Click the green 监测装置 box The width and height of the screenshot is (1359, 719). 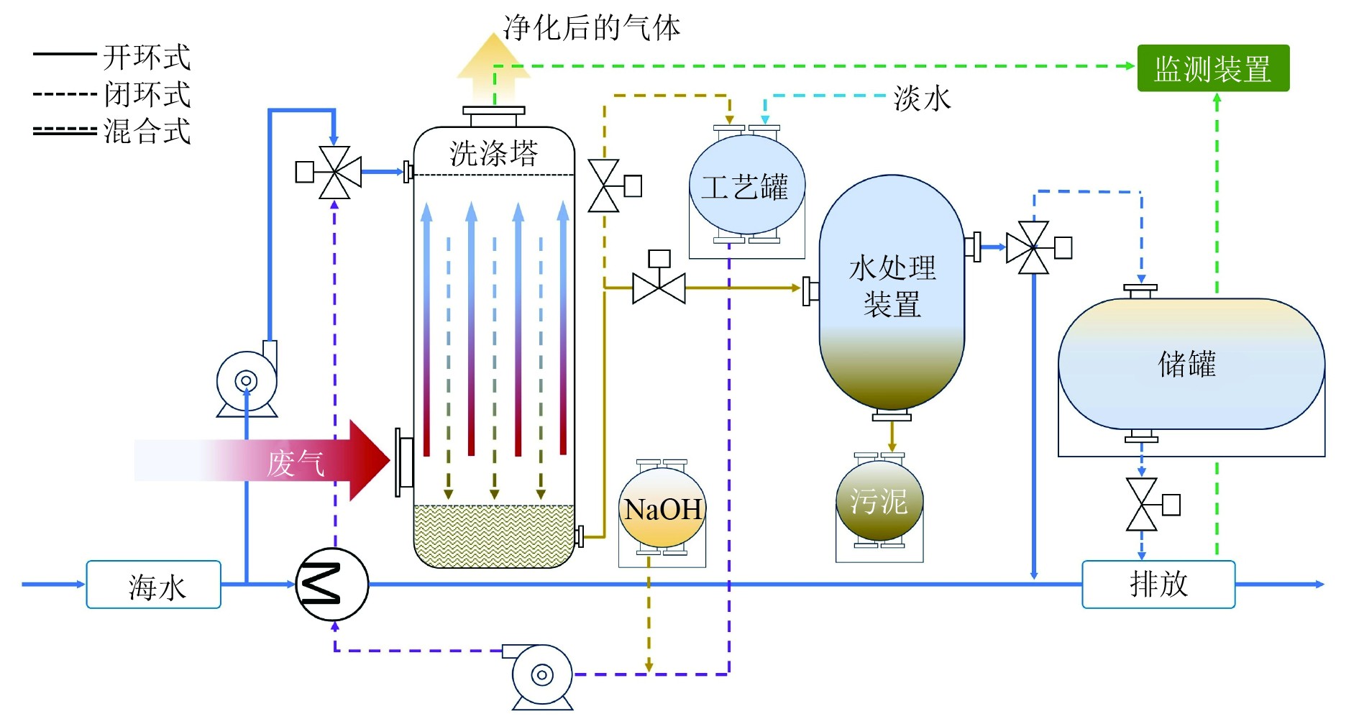[1212, 68]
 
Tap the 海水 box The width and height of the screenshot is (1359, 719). [153, 585]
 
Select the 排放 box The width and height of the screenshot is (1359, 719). [1158, 584]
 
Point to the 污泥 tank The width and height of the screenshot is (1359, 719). [879, 501]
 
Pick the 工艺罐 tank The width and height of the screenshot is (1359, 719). [746, 186]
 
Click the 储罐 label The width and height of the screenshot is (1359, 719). [1187, 364]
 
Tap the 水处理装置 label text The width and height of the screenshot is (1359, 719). [892, 285]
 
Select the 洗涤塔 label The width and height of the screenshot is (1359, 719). [494, 153]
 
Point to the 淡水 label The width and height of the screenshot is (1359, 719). [922, 99]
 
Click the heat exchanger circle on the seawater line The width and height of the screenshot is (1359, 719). [332, 584]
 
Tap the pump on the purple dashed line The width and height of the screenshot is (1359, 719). [541, 675]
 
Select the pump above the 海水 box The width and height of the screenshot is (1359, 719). [247, 381]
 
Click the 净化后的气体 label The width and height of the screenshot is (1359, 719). [591, 28]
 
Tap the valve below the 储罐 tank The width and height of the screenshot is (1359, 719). [1142, 505]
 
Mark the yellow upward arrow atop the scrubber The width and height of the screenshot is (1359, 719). [493, 68]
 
